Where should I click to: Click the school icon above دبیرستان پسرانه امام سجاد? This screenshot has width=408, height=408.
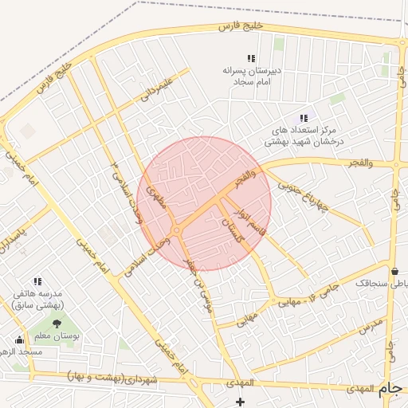click(x=252, y=58)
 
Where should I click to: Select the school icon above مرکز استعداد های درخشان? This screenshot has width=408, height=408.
click(x=304, y=118)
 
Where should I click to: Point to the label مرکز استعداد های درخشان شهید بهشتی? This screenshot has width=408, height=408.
click(x=307, y=135)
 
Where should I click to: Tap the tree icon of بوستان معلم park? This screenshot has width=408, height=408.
click(x=57, y=323)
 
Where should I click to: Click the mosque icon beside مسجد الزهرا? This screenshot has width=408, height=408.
click(x=20, y=339)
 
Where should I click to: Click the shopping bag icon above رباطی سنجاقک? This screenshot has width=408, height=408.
click(x=396, y=270)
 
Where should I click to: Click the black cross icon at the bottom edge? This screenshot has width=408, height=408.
click(x=241, y=401)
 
